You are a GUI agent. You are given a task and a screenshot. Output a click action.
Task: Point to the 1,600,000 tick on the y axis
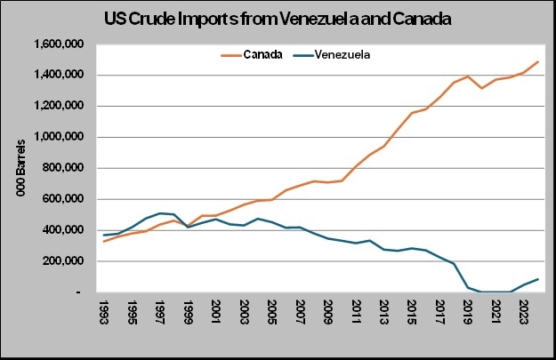56,44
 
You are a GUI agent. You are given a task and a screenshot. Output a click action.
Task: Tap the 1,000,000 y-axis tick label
56,137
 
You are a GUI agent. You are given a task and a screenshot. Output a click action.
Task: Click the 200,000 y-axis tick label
62,261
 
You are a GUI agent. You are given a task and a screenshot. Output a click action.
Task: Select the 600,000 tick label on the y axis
62,199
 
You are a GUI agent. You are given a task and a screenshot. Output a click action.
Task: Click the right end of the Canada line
538,61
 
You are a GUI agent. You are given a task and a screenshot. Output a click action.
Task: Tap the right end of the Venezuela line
538,279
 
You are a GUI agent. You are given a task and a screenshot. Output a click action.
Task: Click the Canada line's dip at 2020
482,88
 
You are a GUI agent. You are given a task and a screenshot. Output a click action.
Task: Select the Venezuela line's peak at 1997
160,213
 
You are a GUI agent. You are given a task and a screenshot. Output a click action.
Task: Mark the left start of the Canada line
104,241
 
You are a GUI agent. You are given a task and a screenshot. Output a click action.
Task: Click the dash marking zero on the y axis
81,292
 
